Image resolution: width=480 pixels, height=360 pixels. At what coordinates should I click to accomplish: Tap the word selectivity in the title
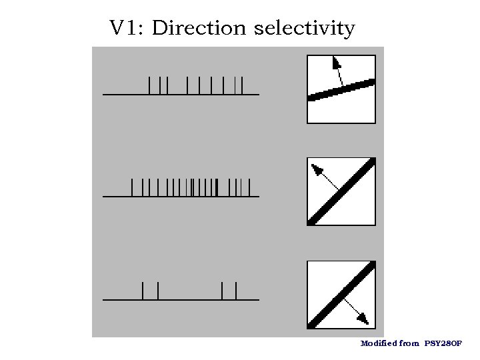305,29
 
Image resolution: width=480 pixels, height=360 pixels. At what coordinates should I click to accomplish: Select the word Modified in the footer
378,344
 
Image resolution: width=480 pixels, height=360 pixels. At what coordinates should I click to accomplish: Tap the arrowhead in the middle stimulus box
316,168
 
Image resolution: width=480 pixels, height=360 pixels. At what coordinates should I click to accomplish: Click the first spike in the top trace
150,85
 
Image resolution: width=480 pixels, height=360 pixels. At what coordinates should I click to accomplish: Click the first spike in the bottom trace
143,291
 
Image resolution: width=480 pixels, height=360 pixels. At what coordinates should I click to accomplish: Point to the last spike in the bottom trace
237,291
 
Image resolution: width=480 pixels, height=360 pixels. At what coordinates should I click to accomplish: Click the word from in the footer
410,344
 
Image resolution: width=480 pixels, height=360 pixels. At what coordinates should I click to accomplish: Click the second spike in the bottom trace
158,291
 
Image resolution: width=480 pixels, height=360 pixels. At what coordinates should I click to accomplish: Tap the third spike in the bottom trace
222,291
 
